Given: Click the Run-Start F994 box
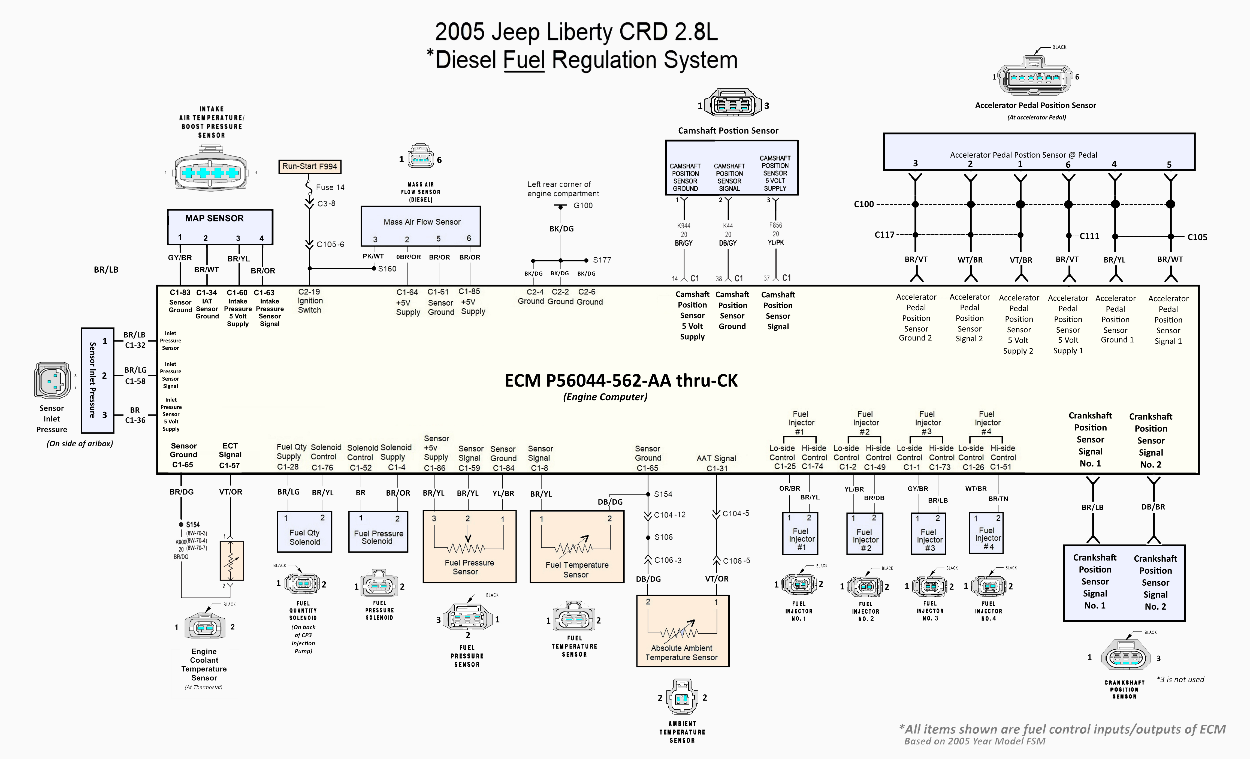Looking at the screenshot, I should [x=309, y=166].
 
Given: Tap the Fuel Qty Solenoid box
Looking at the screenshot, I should [x=304, y=532].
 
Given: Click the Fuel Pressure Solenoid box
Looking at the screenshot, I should [x=378, y=532].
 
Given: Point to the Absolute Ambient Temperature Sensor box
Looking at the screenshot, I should [x=682, y=631].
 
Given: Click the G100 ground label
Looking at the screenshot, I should [x=583, y=206].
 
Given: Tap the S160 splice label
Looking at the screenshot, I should [x=387, y=269].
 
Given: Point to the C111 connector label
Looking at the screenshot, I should [x=1089, y=236].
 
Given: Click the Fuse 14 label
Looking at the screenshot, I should [x=330, y=187].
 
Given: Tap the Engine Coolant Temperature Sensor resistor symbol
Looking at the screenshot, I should [x=231, y=561].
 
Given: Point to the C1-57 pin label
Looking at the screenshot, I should [x=229, y=465].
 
